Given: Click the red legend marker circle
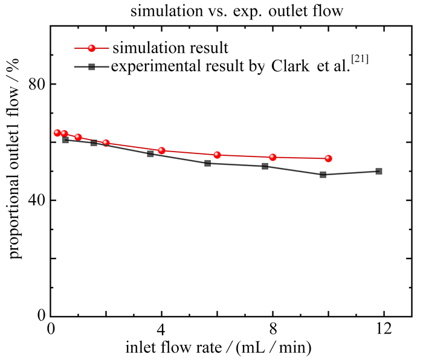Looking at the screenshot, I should (x=92, y=48).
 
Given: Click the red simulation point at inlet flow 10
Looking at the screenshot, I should (x=328, y=158).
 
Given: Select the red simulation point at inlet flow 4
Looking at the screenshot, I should (x=161, y=150).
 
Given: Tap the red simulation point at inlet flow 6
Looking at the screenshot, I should (x=217, y=155).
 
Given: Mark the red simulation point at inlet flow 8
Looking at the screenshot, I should (x=273, y=157).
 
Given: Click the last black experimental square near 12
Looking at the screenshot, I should (x=378, y=171).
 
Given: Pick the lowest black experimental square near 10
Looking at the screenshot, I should (x=323, y=175).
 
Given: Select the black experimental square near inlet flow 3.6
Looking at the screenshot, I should (x=150, y=154).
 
